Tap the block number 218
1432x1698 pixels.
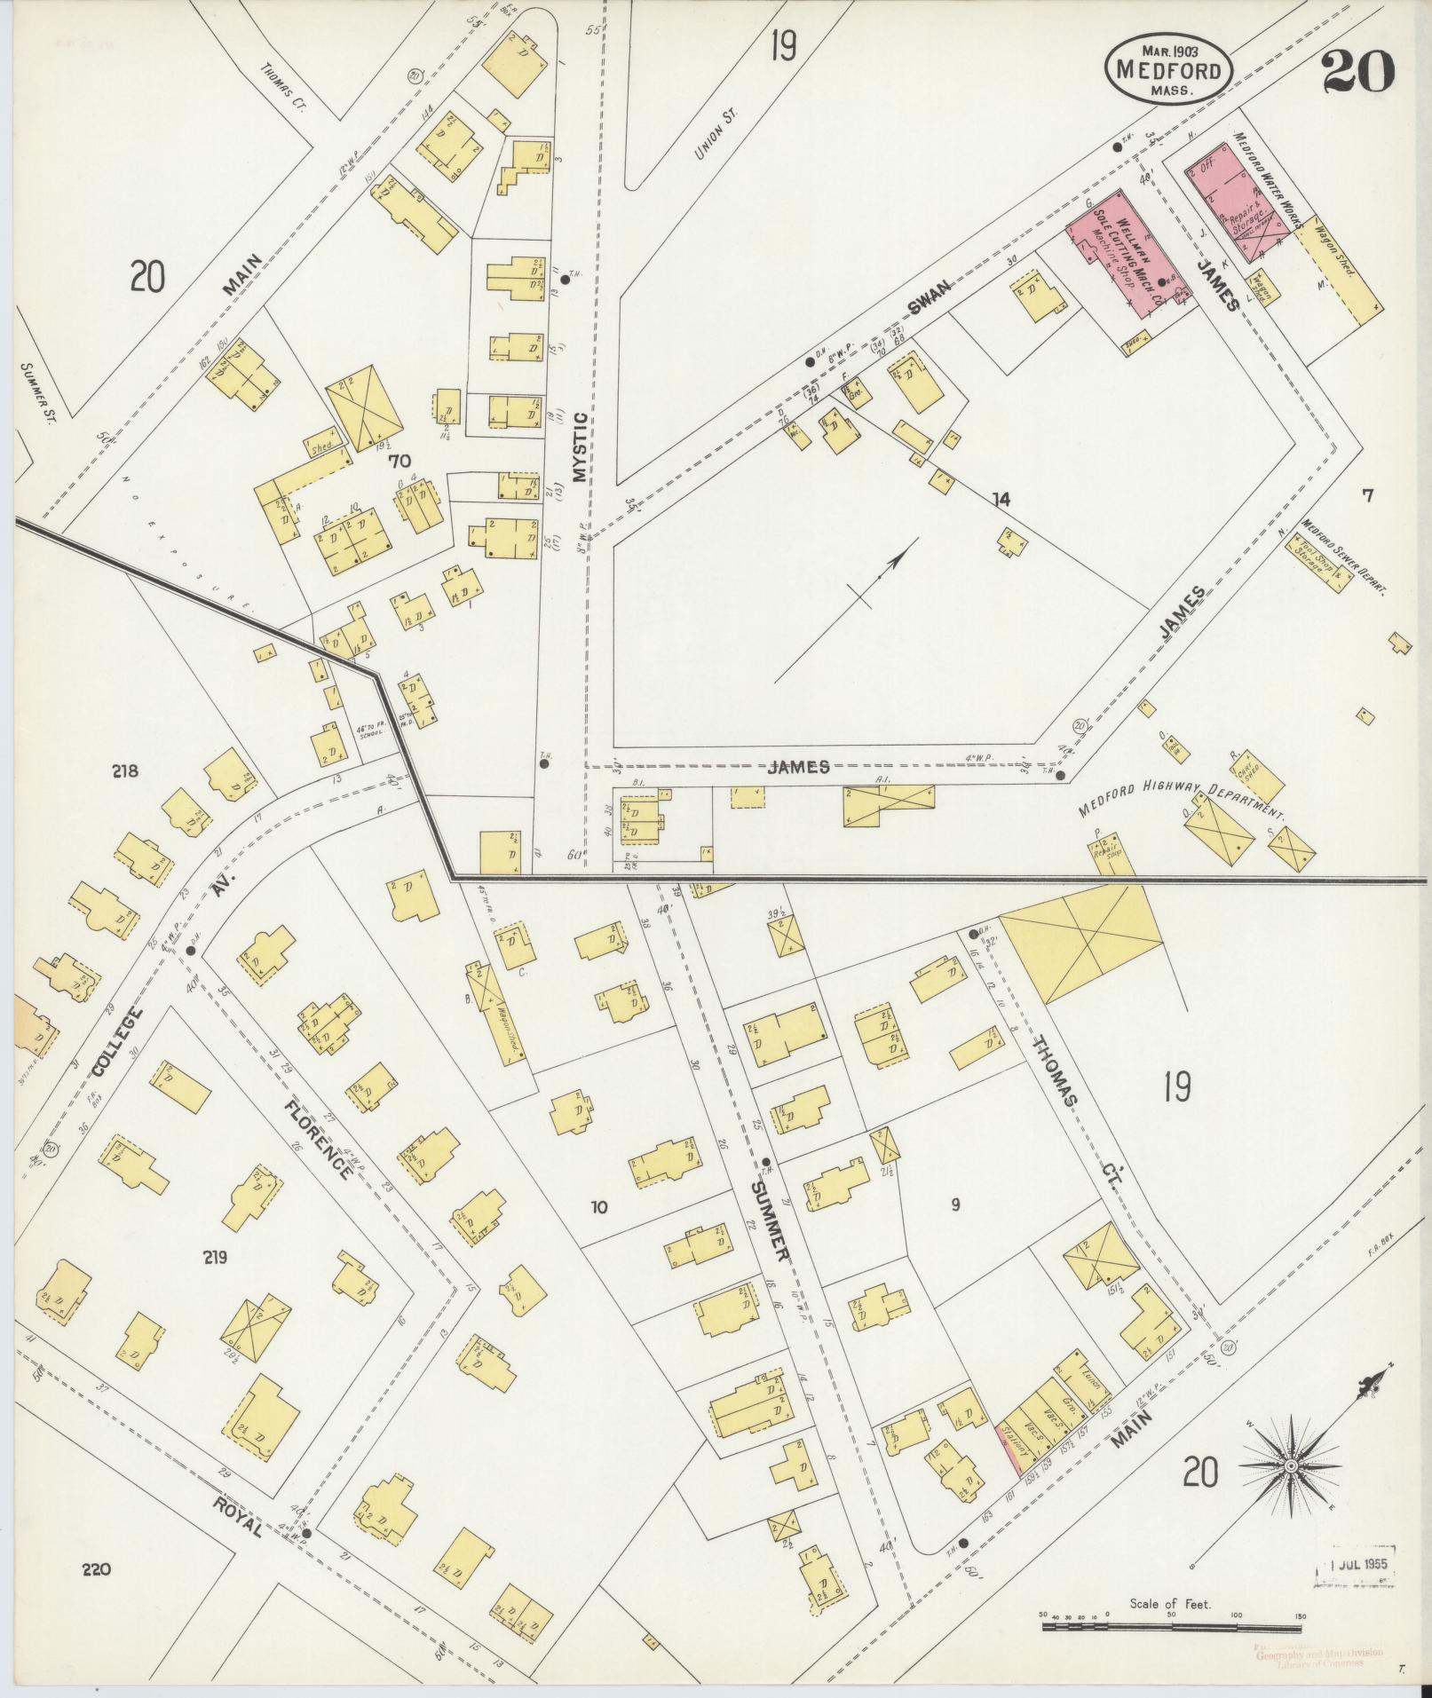125,770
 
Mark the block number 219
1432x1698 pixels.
215,1257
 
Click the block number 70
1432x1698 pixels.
400,461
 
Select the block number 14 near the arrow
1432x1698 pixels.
1001,500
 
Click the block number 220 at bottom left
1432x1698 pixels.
96,1569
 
